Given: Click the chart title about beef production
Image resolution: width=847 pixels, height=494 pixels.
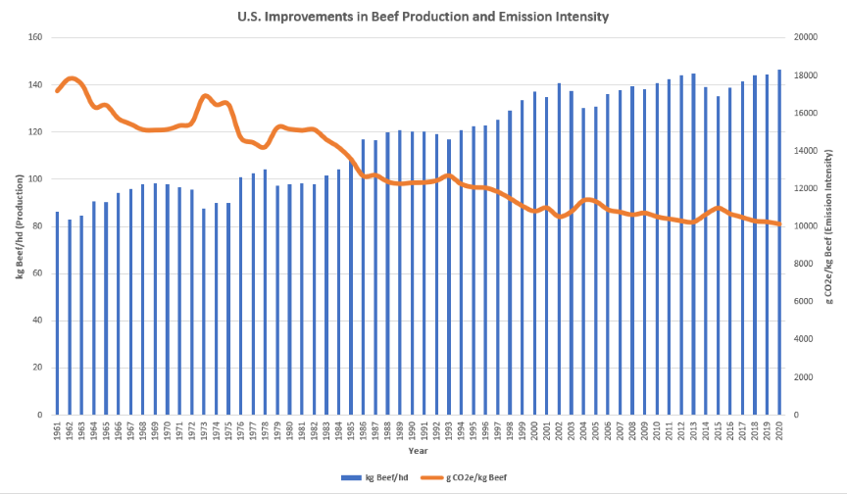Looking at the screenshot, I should (x=423, y=16).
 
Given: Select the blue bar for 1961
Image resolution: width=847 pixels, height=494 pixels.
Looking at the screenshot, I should (x=57, y=313).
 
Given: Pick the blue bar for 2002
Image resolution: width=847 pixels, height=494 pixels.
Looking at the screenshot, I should (x=560, y=249).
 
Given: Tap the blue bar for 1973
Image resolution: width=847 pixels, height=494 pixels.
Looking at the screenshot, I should (x=204, y=312).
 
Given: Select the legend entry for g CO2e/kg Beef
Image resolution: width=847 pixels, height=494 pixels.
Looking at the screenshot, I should (x=473, y=476).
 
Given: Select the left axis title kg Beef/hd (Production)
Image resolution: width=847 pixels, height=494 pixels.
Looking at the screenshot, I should (x=18, y=225).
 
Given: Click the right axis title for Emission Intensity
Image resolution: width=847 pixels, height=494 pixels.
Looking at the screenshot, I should (x=831, y=225).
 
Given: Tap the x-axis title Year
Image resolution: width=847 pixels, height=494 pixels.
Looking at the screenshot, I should (x=418, y=452).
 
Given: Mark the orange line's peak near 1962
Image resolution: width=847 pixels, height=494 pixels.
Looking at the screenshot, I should (x=72, y=78).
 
